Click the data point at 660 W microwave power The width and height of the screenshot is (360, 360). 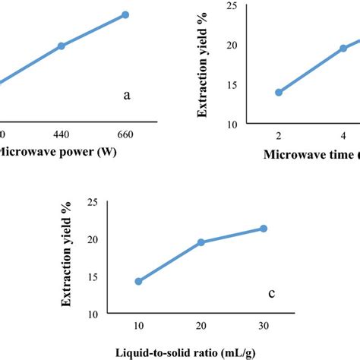[x=125, y=14]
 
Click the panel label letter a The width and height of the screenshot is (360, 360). [x=127, y=96]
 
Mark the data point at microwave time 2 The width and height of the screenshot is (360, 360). [x=279, y=93]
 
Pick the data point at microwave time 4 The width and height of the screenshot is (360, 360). [x=343, y=48]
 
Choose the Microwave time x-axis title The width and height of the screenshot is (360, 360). [x=311, y=155]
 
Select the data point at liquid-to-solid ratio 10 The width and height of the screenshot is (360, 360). [x=138, y=281]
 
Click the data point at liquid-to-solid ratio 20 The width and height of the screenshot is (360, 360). [x=201, y=242]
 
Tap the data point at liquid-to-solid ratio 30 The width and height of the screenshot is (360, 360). [x=264, y=229]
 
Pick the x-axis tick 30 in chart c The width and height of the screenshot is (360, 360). [x=264, y=327]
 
